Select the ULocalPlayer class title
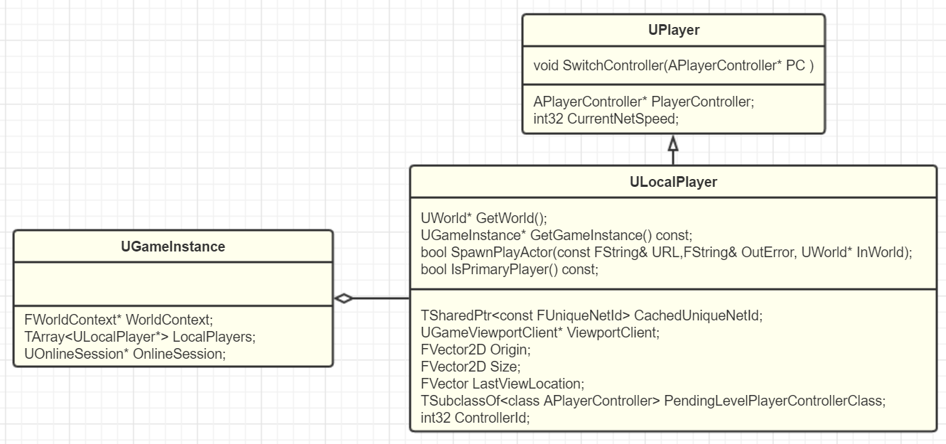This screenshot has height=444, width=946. pyautogui.click(x=673, y=182)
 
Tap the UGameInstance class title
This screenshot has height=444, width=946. pyautogui.click(x=173, y=247)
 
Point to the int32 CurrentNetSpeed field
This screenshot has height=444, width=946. pyautogui.click(x=606, y=119)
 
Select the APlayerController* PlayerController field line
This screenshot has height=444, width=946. pyautogui.click(x=643, y=102)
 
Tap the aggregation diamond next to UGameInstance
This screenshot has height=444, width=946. pyautogui.click(x=344, y=298)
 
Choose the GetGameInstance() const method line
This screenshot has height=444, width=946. pyautogui.click(x=556, y=235)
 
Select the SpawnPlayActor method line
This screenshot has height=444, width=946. pyautogui.click(x=666, y=252)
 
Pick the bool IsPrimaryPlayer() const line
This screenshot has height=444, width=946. pyautogui.click(x=510, y=269)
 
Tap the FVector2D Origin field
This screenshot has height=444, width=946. pyautogui.click(x=475, y=350)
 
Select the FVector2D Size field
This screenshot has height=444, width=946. pyautogui.click(x=471, y=367)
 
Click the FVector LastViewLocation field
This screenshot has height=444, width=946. pyautogui.click(x=502, y=384)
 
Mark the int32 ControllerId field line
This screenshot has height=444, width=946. pyautogui.click(x=475, y=418)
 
